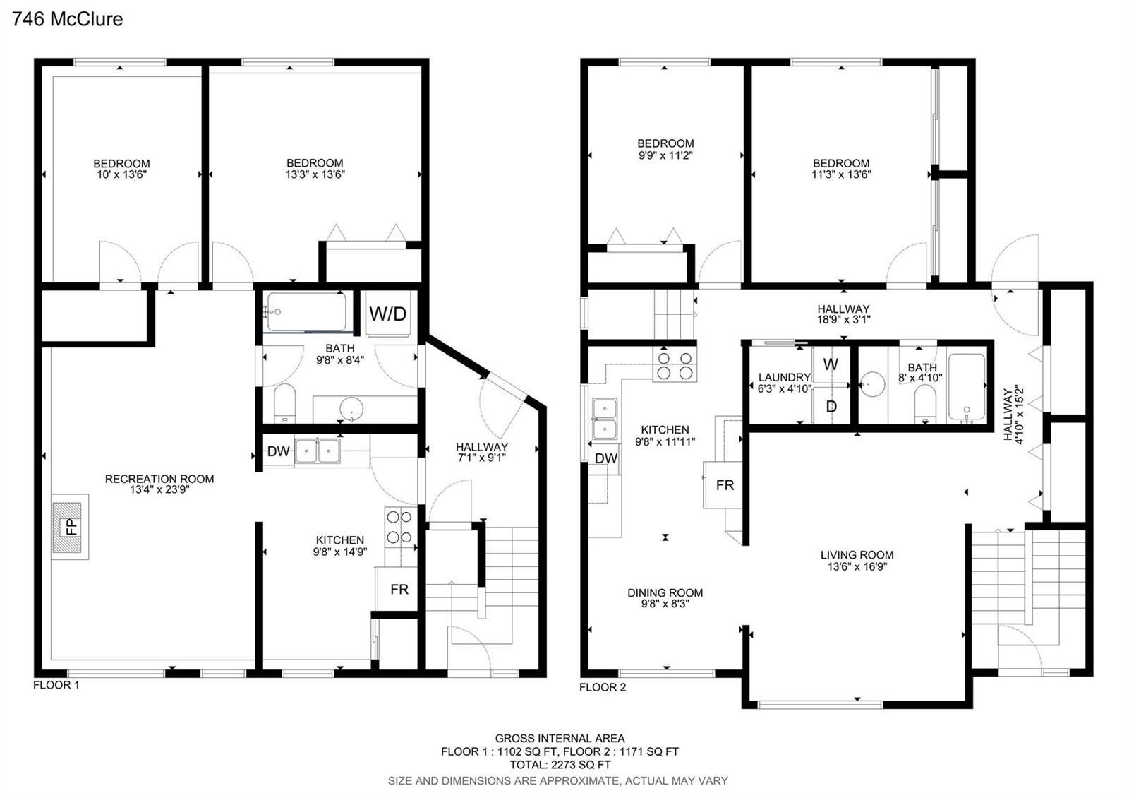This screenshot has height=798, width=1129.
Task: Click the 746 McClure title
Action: click(68, 19)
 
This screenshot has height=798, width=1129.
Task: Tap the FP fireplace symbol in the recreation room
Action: click(70, 527)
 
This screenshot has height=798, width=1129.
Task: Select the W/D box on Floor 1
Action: click(387, 314)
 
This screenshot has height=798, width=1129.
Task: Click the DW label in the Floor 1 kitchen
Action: click(278, 451)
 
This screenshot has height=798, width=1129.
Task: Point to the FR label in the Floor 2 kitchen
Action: click(725, 485)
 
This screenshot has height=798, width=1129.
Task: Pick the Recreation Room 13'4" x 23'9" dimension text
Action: click(159, 489)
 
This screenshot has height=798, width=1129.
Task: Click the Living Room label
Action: click(857, 555)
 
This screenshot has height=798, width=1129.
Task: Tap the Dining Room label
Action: click(665, 592)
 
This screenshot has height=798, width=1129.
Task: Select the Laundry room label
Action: click(784, 377)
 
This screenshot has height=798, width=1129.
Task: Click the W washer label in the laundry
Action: click(831, 364)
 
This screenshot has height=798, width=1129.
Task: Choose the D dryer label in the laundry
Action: click(831, 406)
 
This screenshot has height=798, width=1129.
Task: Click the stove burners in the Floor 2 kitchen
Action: click(675, 365)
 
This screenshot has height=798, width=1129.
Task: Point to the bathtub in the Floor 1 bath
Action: click(306, 311)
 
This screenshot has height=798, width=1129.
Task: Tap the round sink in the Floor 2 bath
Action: click(872, 385)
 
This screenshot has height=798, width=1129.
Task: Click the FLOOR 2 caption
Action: click(603, 687)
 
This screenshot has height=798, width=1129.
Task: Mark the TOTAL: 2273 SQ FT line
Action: click(560, 765)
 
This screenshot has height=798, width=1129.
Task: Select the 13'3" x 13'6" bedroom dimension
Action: click(315, 174)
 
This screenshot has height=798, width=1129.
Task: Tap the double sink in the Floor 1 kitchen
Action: click(317, 451)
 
